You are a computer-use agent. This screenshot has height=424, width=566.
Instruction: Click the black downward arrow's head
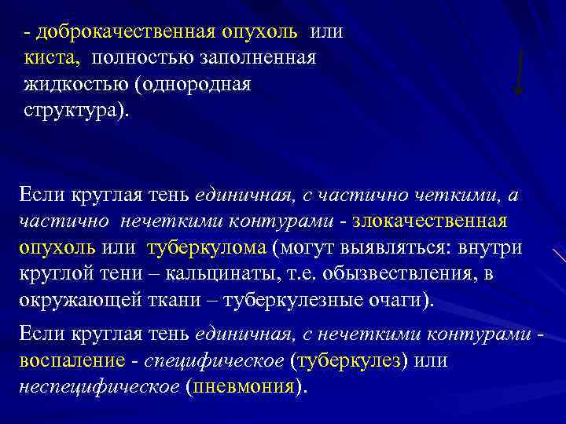click(x=517, y=90)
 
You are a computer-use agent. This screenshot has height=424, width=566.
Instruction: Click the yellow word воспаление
click(x=71, y=361)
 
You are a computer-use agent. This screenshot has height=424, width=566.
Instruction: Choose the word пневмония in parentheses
click(x=244, y=387)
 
